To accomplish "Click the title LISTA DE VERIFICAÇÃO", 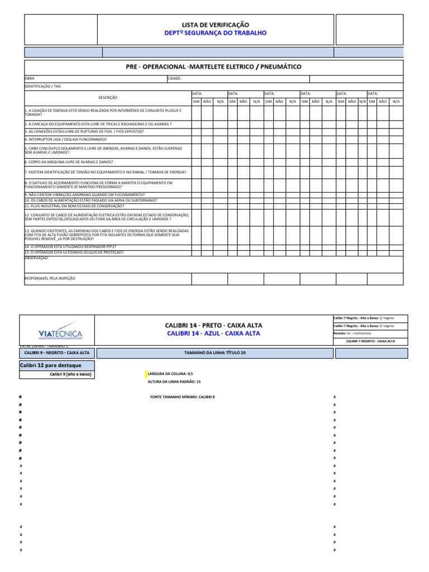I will point(215,25).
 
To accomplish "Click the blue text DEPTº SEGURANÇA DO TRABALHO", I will point(215,33).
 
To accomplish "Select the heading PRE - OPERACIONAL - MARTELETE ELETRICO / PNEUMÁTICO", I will point(214,67).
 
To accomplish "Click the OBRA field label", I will point(30,79).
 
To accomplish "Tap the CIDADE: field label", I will point(175,79).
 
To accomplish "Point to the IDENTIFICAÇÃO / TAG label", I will point(42,87).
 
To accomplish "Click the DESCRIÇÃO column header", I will point(108,97).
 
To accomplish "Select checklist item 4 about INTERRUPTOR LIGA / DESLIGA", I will point(65,139).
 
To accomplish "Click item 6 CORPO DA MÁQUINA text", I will point(64,161).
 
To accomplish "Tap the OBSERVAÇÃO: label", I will point(37,258).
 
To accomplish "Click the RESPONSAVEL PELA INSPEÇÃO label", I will point(50,278).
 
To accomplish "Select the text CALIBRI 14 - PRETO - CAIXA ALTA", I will point(213,325).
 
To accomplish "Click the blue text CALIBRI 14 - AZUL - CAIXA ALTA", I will point(213,333).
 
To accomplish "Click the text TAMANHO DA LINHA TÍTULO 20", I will point(214,353).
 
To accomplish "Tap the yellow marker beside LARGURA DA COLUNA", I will point(146,373).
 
